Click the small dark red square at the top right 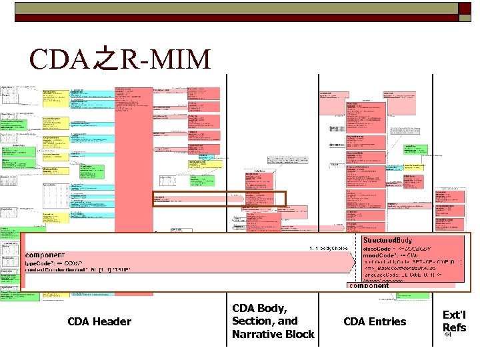[464, 8]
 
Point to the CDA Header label [99, 322]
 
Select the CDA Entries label [374, 322]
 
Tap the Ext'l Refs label [454, 321]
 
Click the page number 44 [448, 335]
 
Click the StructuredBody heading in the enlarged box [389, 239]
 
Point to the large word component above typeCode [45, 255]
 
